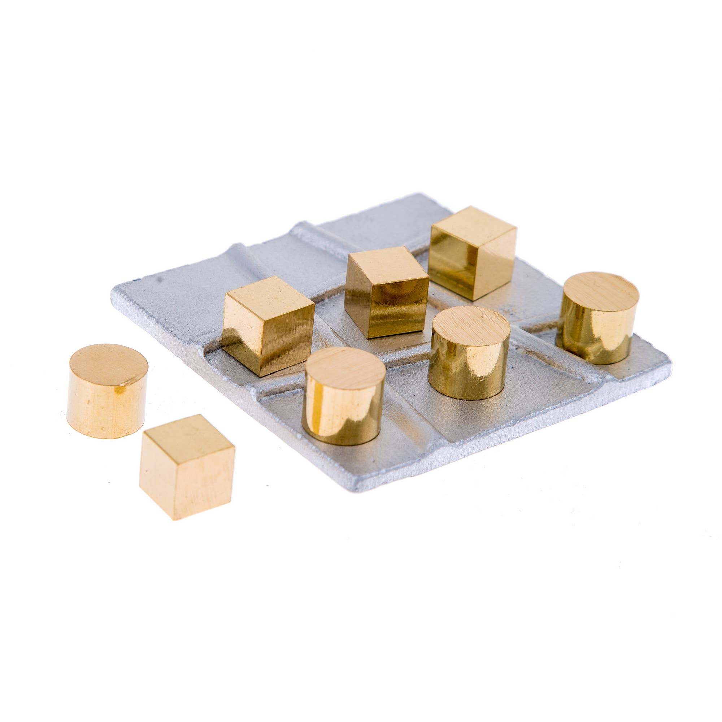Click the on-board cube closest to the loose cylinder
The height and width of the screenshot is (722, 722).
tap(268, 325)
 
